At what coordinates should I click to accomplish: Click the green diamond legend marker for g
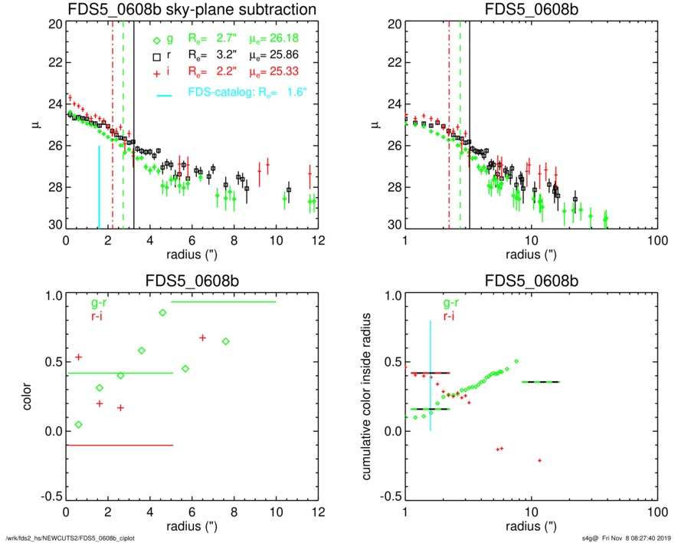coord(156,40)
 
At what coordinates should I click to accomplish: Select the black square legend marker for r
coord(156,56)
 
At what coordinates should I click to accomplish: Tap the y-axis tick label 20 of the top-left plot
coord(54,24)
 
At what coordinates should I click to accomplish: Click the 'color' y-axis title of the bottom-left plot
coord(29,395)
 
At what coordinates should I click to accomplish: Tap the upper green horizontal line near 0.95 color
coord(224,302)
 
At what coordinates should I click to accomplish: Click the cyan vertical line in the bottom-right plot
coord(431,375)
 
